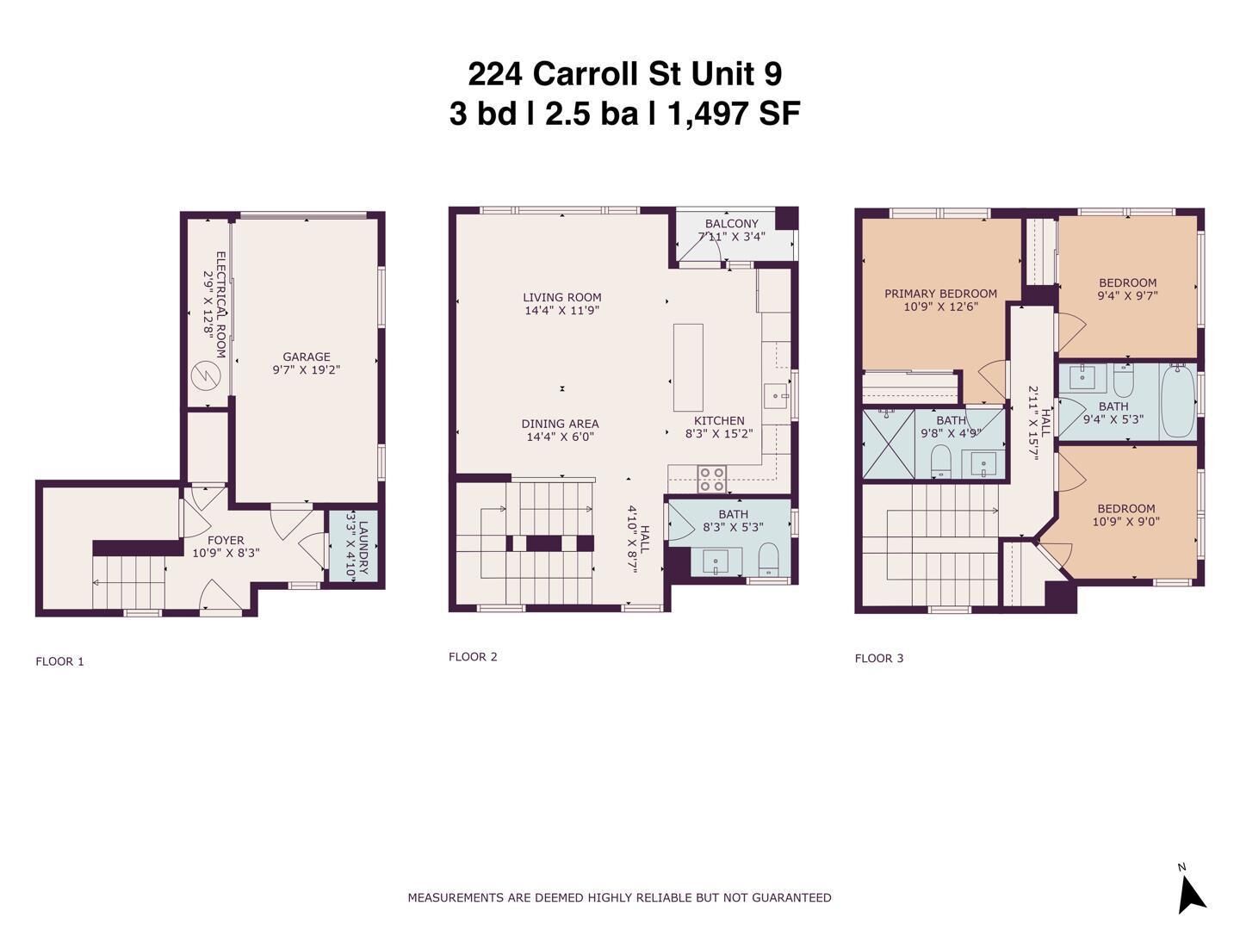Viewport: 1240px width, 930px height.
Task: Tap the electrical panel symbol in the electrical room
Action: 207,375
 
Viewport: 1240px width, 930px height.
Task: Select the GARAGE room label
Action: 307,356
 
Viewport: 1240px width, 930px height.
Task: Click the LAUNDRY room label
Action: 363,547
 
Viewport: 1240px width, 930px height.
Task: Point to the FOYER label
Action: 226,540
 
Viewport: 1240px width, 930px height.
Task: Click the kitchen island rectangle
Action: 688,368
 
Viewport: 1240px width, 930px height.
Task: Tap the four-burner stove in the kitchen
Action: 711,479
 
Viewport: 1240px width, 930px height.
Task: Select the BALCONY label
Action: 731,224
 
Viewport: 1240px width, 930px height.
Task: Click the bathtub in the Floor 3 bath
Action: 1177,402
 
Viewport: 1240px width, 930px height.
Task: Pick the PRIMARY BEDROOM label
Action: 940,294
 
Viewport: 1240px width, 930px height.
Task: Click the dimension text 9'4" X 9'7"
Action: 1127,295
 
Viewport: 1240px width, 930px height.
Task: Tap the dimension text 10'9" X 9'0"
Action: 1126,521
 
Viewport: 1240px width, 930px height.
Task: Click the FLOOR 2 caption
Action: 473,657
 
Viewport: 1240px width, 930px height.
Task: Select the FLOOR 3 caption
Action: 879,659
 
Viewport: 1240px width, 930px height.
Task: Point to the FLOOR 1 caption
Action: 59,661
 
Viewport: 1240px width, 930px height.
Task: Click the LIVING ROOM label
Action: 562,297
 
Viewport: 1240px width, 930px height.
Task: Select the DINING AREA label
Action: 560,424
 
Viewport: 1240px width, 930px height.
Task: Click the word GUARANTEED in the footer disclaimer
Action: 791,897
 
